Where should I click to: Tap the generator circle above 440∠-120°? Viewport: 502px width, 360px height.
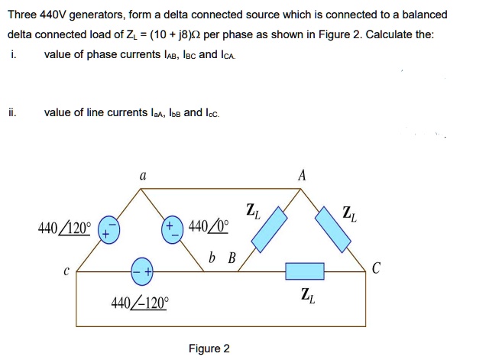[x=141, y=270]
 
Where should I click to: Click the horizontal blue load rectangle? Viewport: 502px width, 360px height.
[x=306, y=271]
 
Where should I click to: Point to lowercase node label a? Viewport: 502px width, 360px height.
[x=142, y=175]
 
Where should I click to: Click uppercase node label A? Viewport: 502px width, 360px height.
[x=302, y=175]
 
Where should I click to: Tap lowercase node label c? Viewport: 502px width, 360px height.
[x=66, y=271]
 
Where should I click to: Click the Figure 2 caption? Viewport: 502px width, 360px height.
[x=209, y=349]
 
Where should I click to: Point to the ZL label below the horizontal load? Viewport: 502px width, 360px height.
[x=306, y=294]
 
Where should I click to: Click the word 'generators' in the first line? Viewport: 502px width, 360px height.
[x=92, y=15]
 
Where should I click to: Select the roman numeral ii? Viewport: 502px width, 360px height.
[x=11, y=112]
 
